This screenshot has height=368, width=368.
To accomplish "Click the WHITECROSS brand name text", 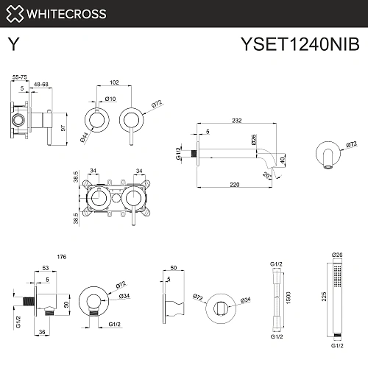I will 67,13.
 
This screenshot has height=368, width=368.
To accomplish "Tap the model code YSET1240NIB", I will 300,45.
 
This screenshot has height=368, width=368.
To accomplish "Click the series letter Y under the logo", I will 13,44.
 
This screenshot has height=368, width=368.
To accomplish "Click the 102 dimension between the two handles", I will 113,84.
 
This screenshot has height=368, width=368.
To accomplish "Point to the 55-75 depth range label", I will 20,76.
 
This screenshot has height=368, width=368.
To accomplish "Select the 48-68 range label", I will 42,85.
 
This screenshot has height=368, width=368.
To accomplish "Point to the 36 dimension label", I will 43,332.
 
